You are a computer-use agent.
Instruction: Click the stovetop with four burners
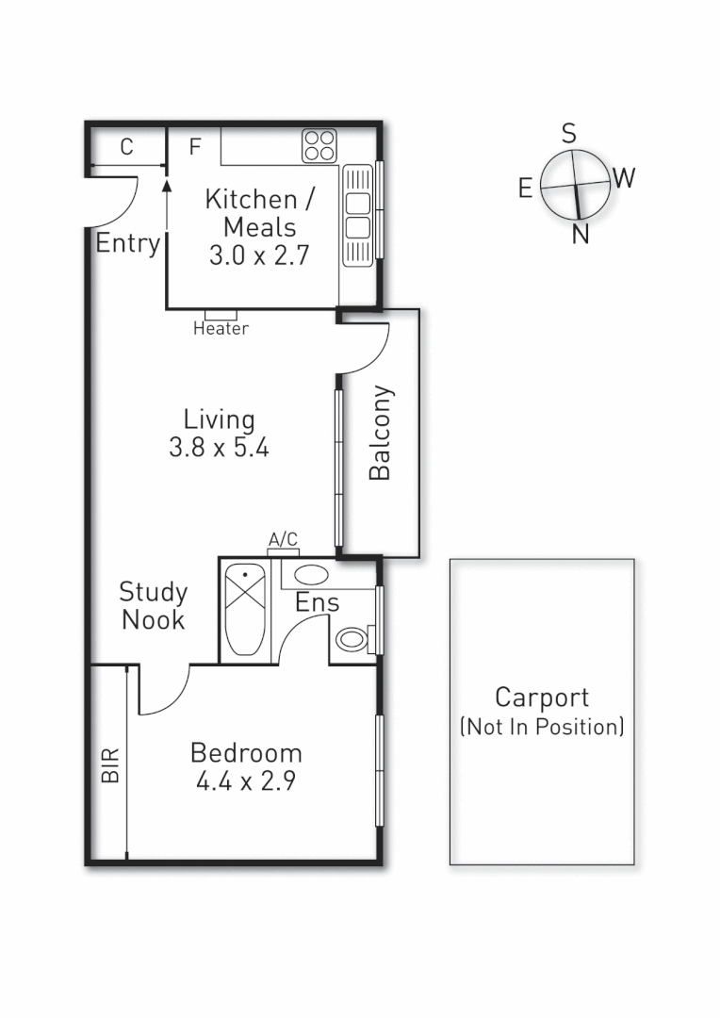coord(319,145)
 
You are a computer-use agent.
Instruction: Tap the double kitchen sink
coord(357,216)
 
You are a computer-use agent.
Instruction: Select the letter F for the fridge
coord(195,147)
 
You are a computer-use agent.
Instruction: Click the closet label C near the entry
coord(126,147)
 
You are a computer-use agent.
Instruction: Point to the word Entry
coord(127,243)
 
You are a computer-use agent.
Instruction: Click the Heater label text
coord(221,329)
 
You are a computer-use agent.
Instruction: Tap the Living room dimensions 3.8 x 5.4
coord(219,448)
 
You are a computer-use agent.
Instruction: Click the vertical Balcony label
coord(380,433)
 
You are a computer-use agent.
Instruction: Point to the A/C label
coord(284,539)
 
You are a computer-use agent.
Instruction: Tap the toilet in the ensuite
coord(354,640)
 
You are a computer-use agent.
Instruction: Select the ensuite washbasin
coord(312,575)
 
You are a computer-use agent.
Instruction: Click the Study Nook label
coord(153,606)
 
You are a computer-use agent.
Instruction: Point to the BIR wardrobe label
coord(110,765)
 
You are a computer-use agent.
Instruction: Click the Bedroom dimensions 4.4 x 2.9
coord(246,781)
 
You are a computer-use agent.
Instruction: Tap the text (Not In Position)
coord(541,727)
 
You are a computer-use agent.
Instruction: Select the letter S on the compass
coord(569,134)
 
